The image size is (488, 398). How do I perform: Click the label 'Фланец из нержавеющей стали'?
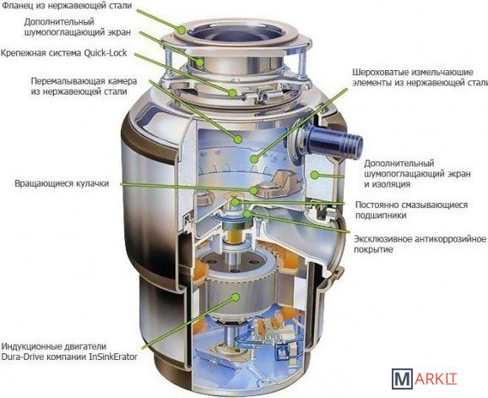point(67,5)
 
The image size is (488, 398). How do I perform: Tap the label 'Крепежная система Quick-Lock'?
point(64,52)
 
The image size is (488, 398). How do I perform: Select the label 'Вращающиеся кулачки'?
point(62,183)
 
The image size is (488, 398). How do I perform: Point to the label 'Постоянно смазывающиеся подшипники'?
point(411,210)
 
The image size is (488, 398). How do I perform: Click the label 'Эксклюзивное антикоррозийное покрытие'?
point(420,244)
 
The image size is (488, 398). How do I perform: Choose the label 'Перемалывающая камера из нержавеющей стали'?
point(84,86)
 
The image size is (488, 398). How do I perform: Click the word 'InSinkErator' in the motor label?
point(113,357)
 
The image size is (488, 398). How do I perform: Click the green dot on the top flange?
point(182,30)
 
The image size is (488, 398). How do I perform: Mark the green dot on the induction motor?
point(236,297)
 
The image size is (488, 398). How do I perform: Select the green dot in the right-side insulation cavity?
point(315,175)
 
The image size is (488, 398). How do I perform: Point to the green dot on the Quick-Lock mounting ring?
point(232,92)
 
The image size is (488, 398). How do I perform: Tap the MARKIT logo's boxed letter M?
point(403,379)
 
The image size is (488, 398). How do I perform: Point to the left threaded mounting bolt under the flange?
point(167,64)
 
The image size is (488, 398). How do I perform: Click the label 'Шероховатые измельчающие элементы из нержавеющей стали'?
point(420,78)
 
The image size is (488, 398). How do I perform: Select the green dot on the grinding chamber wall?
point(238,139)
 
